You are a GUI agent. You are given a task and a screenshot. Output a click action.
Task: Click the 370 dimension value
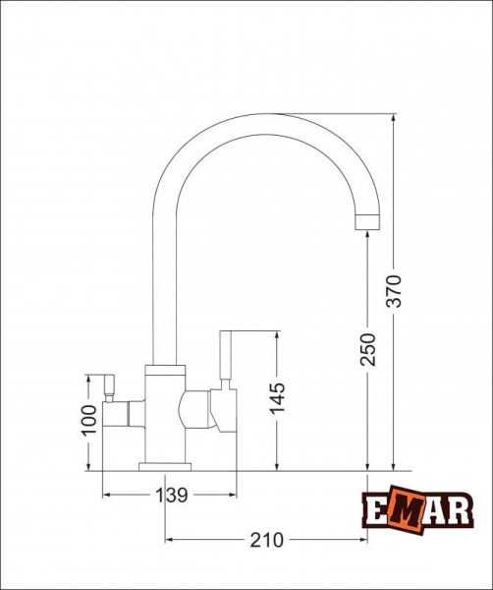(394, 291)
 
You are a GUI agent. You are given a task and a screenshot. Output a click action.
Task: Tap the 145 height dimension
(277, 398)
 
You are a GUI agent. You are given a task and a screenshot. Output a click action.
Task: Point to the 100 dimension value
(88, 420)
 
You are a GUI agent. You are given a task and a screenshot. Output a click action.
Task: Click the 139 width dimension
(171, 496)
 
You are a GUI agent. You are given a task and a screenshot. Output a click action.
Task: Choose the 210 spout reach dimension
(266, 540)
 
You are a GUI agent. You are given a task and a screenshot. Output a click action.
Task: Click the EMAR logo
(417, 509)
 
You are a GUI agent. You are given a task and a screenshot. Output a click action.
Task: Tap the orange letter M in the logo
(407, 510)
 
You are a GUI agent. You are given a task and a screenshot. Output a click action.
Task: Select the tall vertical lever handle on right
(226, 355)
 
